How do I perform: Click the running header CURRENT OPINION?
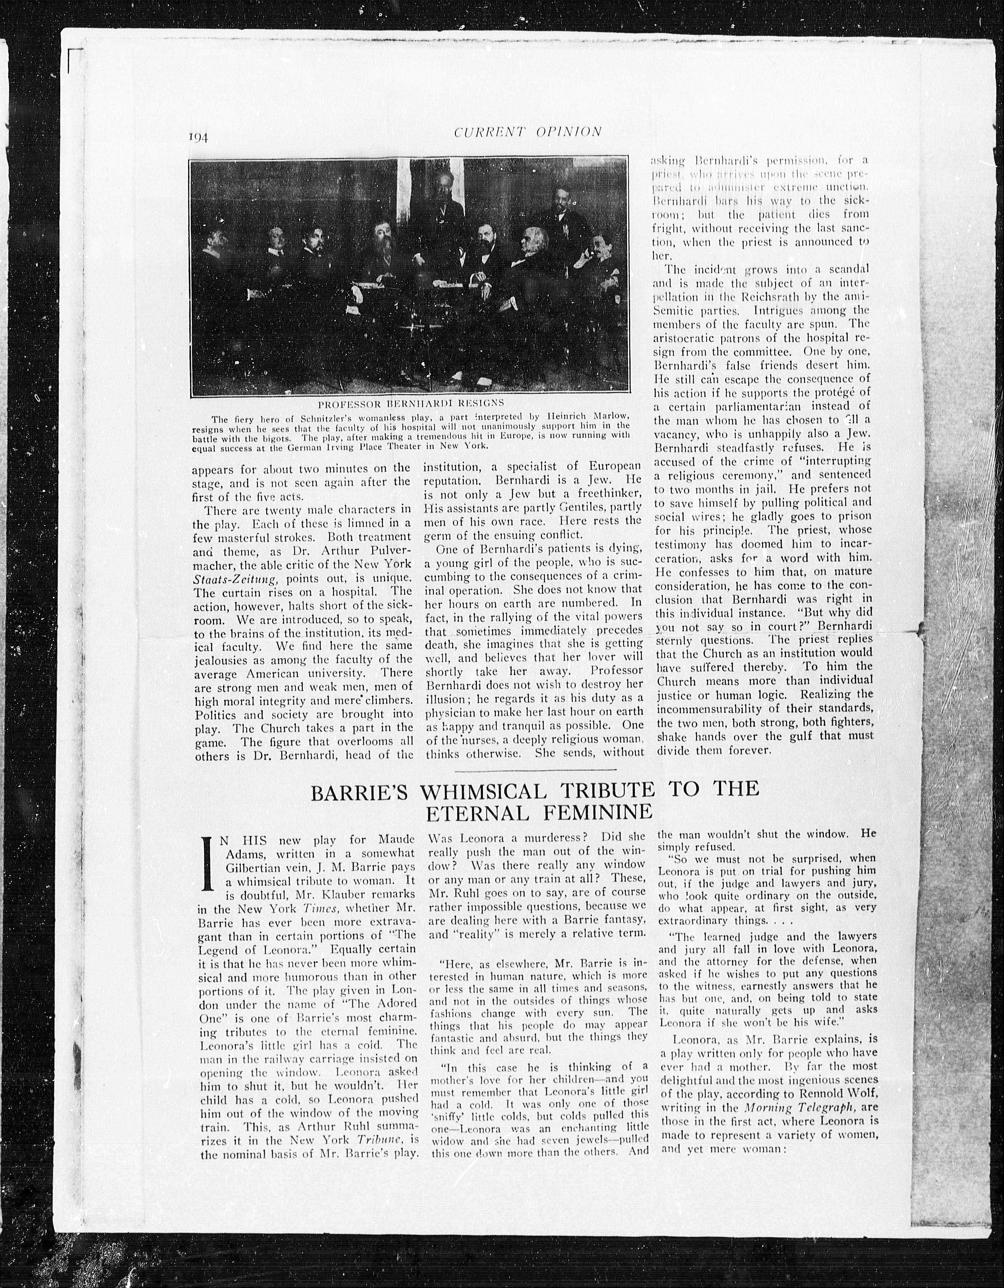coord(528,132)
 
